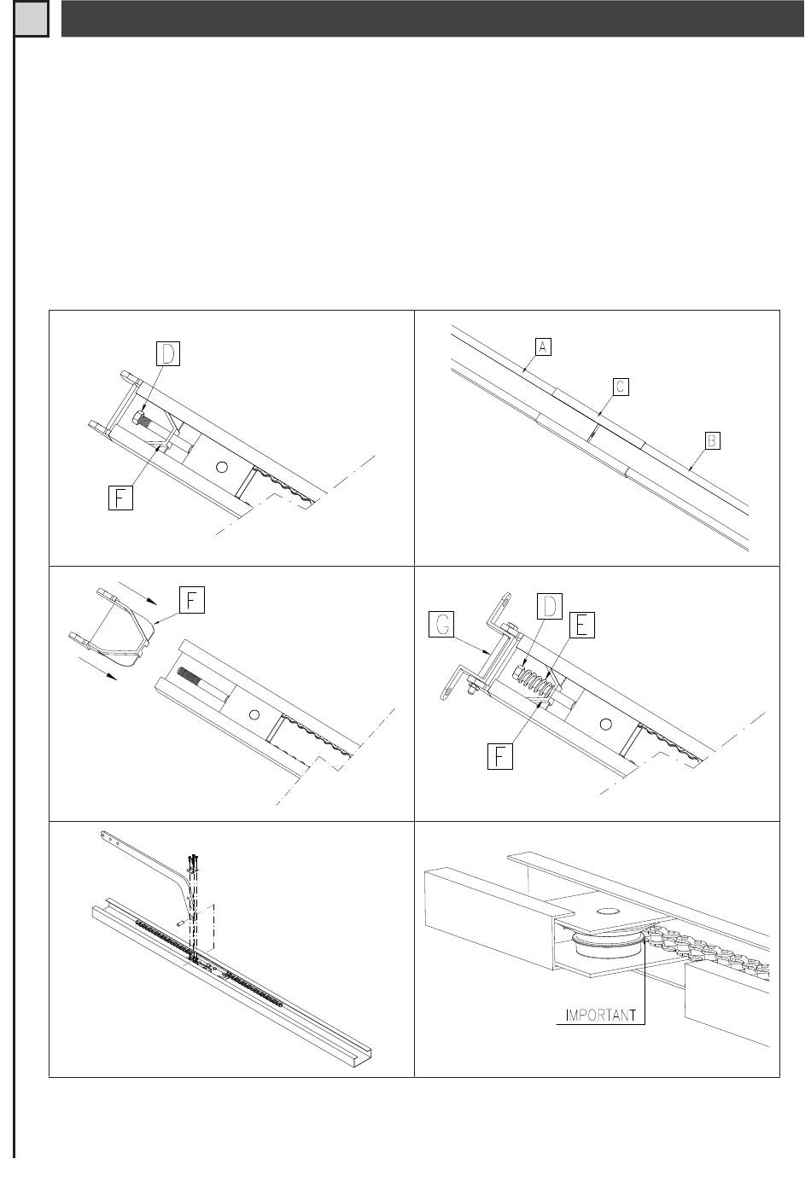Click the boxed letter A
click(543, 346)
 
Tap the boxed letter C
click(621, 387)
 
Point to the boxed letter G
click(441, 627)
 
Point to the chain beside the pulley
click(709, 947)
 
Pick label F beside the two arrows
click(191, 600)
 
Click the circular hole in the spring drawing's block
click(606, 724)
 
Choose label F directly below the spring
click(499, 757)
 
